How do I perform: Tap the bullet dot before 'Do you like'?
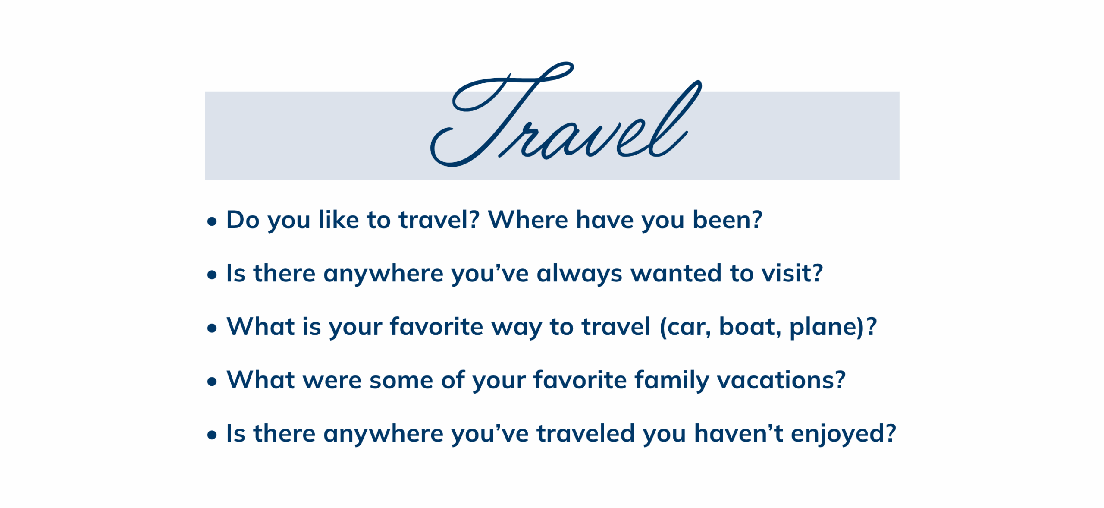212,222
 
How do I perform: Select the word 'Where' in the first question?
528,220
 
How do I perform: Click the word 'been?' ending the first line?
728,220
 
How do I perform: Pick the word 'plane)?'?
833,328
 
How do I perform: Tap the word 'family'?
671,381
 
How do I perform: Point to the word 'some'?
401,381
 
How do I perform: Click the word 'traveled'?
586,433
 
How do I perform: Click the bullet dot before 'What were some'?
212,382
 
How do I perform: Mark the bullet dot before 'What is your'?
212,328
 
